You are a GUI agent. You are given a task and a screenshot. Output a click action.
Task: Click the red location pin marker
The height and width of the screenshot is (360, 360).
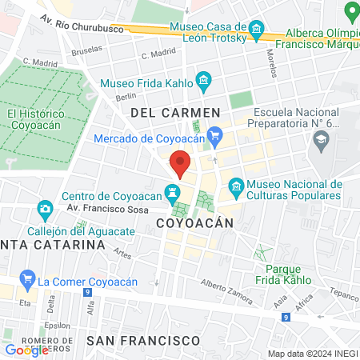181,164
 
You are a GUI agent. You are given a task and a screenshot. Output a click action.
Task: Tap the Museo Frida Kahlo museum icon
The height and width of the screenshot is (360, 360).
204,81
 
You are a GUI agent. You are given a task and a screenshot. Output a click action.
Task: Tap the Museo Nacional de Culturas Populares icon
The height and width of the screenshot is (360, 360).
236,189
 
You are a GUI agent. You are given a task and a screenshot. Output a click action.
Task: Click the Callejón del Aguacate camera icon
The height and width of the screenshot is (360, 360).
45,210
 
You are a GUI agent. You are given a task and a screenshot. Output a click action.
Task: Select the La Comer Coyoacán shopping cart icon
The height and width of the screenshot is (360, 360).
28,280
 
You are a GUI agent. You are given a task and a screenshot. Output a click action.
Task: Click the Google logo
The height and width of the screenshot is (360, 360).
26,350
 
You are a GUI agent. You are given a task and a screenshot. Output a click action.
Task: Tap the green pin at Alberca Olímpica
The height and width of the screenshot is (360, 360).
350,12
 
